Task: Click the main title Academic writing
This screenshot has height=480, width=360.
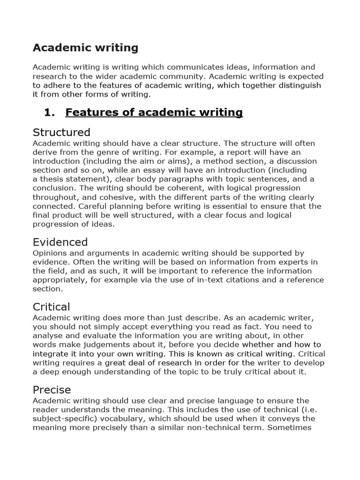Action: point(85,47)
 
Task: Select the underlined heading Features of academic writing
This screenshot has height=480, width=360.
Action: point(154,112)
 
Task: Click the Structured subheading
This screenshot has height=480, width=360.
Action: point(61,132)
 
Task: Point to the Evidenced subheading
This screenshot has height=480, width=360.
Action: point(60,242)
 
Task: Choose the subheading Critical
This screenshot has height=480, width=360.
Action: point(51,307)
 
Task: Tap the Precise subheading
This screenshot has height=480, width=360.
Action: point(52,390)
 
